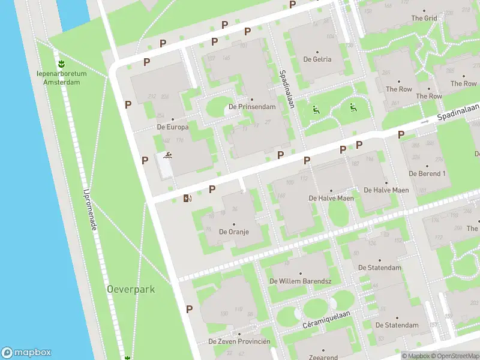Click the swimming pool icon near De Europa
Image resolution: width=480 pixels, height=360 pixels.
[167, 157]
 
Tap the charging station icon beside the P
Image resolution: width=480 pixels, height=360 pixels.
[188, 198]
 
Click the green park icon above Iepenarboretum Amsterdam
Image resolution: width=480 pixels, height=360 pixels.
[61, 63]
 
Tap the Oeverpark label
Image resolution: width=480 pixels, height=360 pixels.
[131, 289]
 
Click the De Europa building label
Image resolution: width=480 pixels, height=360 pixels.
[173, 127]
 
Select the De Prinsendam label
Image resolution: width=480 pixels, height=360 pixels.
[252, 107]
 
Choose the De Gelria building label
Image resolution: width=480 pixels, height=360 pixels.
[317, 59]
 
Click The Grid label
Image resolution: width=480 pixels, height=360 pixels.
[424, 18]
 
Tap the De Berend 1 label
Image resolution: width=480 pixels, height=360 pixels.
[427, 173]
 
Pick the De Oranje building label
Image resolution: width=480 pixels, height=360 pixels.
[234, 231]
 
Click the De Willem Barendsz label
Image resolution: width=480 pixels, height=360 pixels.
[301, 281]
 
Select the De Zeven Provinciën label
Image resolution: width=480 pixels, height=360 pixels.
[239, 341]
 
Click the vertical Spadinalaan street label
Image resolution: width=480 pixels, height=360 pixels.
[286, 90]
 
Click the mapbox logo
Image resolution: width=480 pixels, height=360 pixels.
[26, 353]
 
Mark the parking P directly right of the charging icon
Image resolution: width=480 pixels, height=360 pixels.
[212, 190]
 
